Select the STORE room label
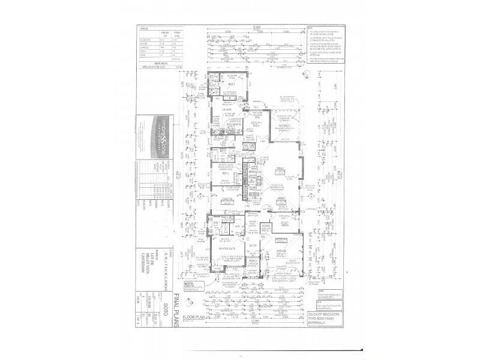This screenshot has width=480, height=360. [256, 226]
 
